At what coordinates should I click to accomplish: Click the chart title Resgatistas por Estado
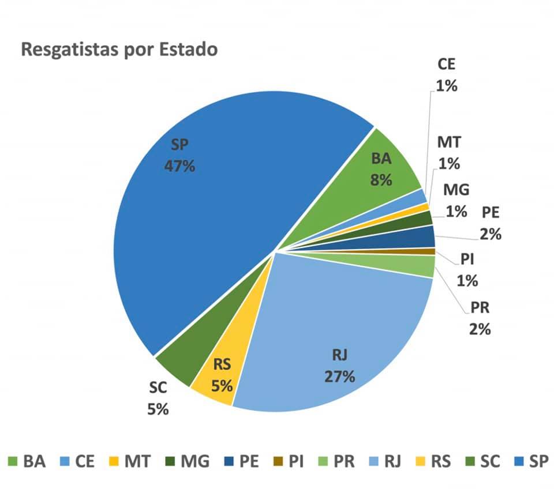click(119, 50)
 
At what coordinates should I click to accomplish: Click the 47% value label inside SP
click(179, 166)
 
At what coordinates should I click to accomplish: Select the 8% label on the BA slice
click(381, 179)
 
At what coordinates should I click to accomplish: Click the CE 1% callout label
click(446, 74)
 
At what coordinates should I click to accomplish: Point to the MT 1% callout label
click(448, 153)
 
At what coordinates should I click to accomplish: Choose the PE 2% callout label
click(491, 224)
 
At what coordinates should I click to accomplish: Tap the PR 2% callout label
click(480, 318)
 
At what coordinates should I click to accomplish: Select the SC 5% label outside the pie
click(158, 398)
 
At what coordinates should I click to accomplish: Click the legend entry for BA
click(27, 461)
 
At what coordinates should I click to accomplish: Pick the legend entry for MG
click(186, 461)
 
